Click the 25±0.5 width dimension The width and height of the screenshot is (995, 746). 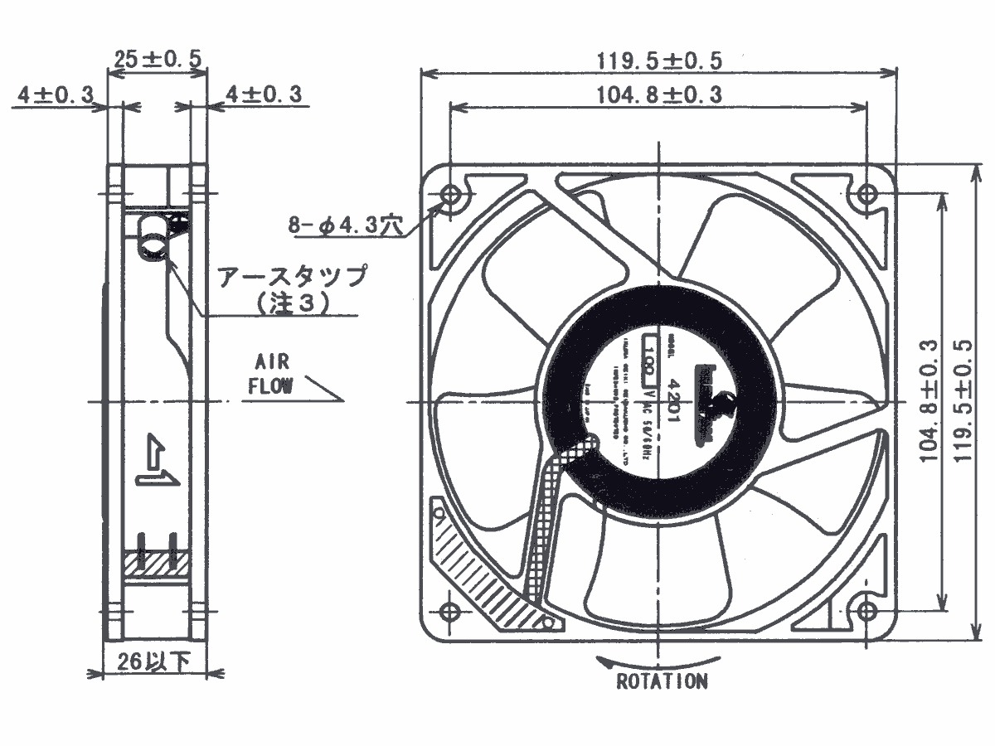click(158, 59)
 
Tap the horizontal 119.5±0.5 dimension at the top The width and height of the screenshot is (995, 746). click(659, 61)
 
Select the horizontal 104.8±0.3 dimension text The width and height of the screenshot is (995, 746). click(659, 94)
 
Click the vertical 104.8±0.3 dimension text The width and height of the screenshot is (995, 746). click(929, 400)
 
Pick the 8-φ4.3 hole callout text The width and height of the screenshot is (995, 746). click(345, 224)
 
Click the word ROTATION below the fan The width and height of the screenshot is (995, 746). click(662, 682)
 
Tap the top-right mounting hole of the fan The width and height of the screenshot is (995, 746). click(866, 196)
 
